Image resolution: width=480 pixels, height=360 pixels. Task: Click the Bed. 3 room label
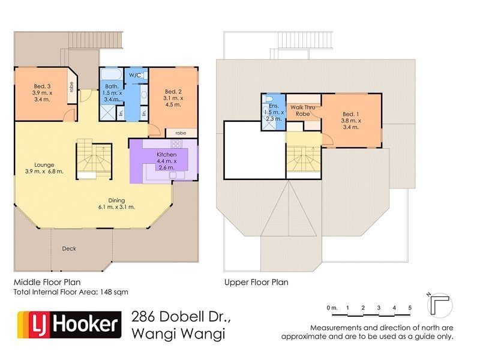pos(42,86)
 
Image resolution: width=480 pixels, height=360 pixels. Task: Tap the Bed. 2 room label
pos(173,92)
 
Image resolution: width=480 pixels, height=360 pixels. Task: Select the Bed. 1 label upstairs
pos(351,114)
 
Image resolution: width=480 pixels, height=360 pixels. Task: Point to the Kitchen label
pos(167,155)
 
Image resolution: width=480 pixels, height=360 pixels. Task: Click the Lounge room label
pos(44,165)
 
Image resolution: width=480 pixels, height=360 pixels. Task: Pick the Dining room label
pos(116,200)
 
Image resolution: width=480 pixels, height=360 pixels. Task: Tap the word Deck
pos(69,248)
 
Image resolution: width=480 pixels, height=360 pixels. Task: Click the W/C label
pos(134,76)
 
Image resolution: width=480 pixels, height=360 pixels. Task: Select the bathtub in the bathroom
pos(112,74)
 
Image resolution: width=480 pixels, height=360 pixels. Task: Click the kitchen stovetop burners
pos(176,143)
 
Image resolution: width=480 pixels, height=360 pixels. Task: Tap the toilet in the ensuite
pos(268,98)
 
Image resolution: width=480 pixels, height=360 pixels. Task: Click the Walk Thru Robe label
pos(302,110)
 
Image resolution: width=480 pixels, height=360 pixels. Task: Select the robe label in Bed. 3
pos(71,87)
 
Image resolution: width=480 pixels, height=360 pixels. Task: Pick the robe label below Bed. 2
pos(181,133)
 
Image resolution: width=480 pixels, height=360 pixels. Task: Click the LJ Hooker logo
pos(69,325)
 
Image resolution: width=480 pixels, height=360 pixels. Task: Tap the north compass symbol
pos(440,305)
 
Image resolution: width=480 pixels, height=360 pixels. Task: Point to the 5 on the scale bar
pos(410,308)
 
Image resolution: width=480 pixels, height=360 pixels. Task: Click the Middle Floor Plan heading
pos(47,282)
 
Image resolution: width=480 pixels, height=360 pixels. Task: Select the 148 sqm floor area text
pos(115,292)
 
